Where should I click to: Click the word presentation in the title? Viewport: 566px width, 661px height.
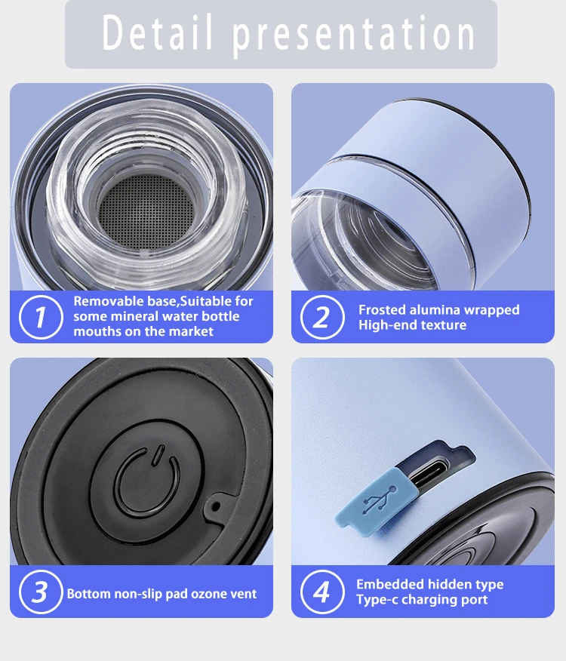click(354, 35)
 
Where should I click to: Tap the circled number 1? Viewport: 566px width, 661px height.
click(41, 317)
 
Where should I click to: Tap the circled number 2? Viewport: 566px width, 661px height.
click(322, 317)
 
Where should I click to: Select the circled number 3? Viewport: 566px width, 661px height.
click(41, 592)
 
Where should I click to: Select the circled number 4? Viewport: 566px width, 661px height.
click(322, 592)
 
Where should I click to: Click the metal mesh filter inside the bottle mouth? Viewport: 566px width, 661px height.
click(146, 211)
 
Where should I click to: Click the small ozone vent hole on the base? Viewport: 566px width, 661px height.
click(216, 506)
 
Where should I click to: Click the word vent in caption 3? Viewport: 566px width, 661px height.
click(242, 594)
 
